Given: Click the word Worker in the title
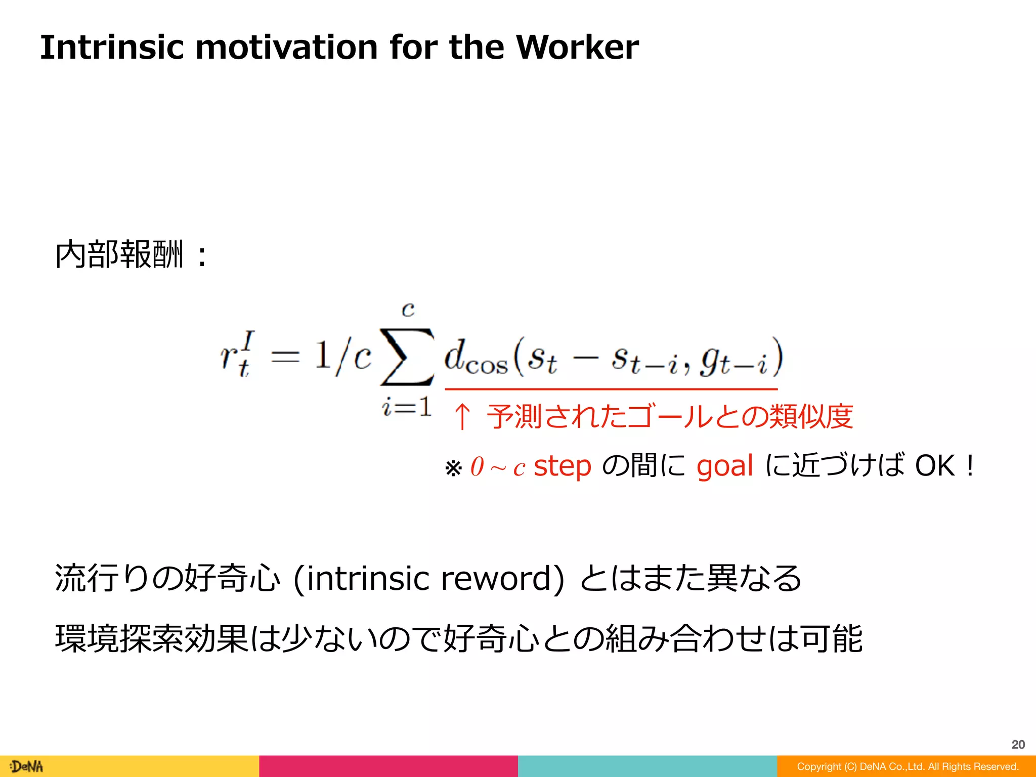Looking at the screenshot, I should click(577, 47).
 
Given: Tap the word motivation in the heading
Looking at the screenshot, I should click(287, 47).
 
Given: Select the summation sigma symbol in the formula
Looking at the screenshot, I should click(407, 357).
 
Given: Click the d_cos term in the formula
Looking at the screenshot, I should click(475, 357).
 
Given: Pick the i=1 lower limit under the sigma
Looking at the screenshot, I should click(407, 406).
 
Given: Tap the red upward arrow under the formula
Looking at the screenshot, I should click(462, 416).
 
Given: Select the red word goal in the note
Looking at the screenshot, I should click(724, 466).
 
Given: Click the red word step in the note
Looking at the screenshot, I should click(563, 466).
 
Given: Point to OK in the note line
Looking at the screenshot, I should click(935, 466).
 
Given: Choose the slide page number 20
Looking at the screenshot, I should click(1018, 744).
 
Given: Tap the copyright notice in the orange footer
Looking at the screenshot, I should click(908, 766).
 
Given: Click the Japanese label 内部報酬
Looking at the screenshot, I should click(119, 254).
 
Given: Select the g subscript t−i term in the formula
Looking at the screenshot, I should click(733, 358).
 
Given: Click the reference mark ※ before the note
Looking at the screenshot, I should click(453, 468).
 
